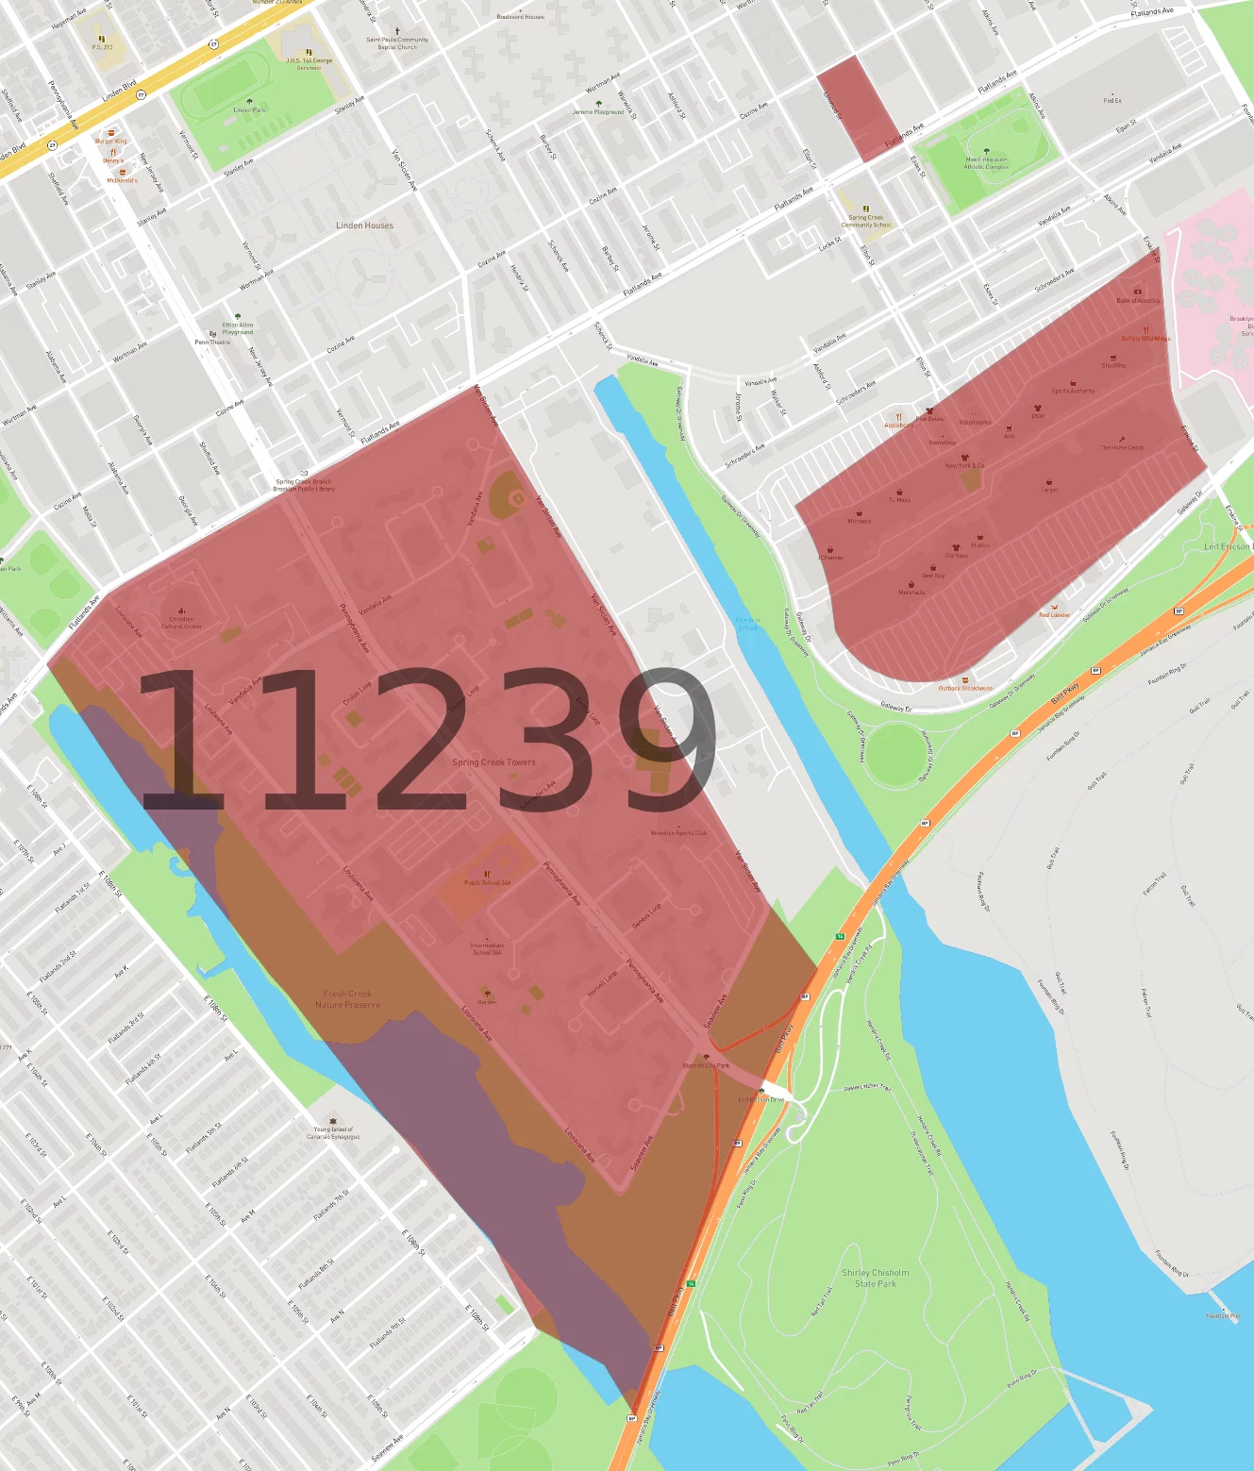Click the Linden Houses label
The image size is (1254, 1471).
coord(364,226)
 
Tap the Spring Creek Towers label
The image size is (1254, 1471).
coord(493,762)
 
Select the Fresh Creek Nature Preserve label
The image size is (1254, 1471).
coord(347,999)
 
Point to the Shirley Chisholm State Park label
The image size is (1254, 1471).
coord(876,1279)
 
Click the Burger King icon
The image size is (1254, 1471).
coord(111,133)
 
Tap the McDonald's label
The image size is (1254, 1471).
coord(122,180)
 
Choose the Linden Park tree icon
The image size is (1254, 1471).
coord(249,102)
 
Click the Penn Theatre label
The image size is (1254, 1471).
coord(212,343)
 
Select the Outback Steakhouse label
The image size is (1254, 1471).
coord(964,689)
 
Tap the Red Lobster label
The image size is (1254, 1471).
coord(1054,615)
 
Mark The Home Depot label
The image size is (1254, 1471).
coord(1121,447)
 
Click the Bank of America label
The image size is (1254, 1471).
coord(1138,300)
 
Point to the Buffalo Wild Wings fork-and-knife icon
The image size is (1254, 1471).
coord(1145,330)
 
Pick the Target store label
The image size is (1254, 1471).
coord(1049,491)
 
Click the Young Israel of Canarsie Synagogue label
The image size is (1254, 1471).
coord(333,1133)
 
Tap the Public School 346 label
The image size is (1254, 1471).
coord(487,883)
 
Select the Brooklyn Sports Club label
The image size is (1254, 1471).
coord(678,833)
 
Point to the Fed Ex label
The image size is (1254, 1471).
coord(1112,100)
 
